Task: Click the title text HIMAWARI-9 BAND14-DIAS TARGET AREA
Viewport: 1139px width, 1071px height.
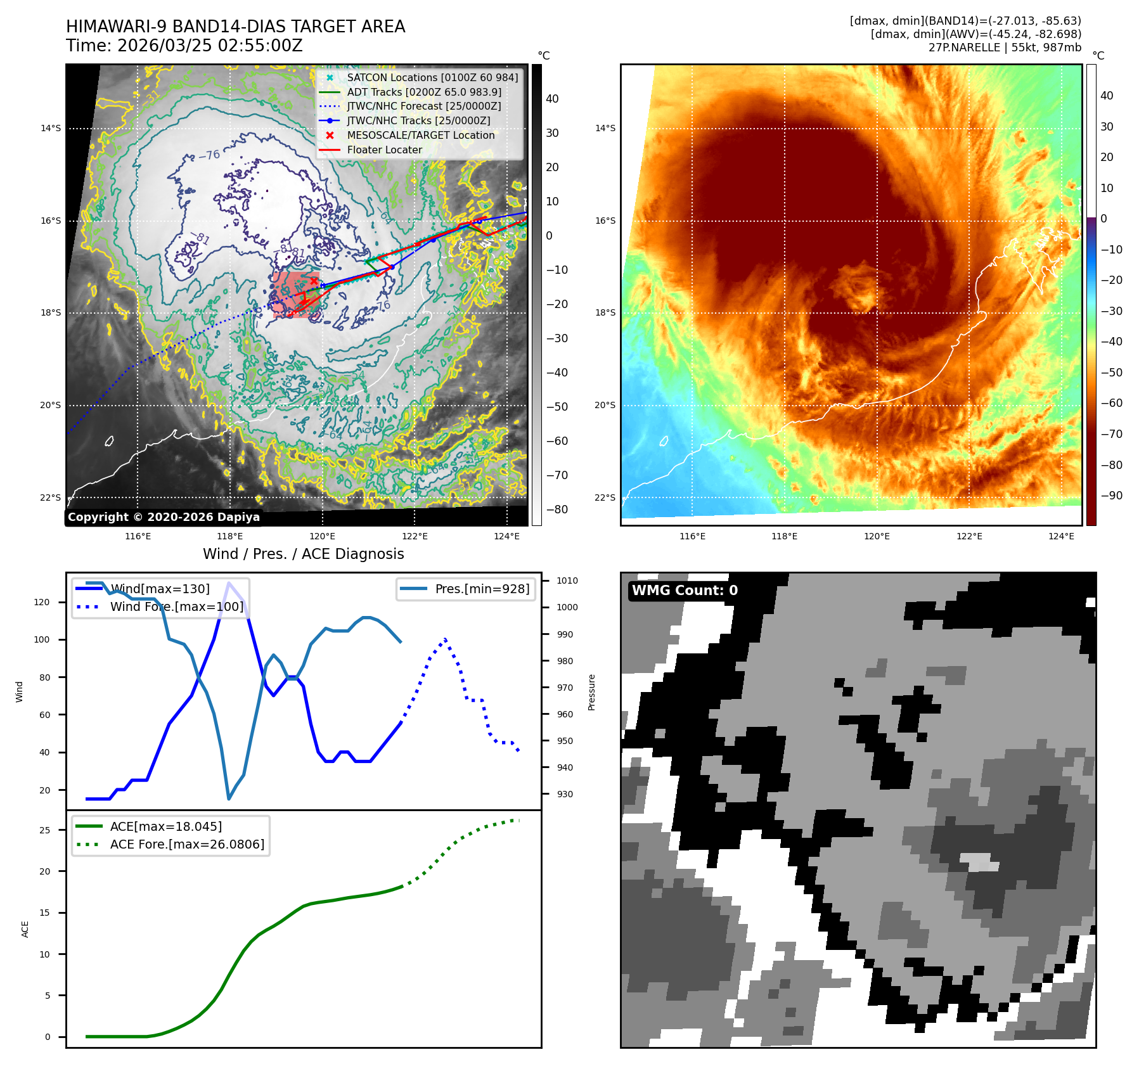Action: [x=235, y=27]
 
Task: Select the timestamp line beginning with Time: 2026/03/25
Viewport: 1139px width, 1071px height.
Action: [x=184, y=46]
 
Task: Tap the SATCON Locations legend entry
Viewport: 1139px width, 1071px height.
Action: [x=432, y=77]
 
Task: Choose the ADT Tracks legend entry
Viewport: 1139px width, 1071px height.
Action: [x=423, y=92]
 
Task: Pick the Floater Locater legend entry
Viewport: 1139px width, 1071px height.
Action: [x=384, y=150]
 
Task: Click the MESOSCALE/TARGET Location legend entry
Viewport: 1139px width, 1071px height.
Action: [x=420, y=135]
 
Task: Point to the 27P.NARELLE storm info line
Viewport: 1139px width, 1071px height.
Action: [x=1004, y=48]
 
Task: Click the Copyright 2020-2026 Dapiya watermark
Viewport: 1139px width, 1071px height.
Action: [x=164, y=517]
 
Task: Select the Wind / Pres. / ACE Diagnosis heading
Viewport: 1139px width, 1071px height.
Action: [x=303, y=554]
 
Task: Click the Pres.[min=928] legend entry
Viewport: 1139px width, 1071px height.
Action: [x=482, y=589]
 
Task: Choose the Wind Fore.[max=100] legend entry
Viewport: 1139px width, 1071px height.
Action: [x=176, y=606]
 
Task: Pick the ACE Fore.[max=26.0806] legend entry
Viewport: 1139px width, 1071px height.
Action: [x=187, y=844]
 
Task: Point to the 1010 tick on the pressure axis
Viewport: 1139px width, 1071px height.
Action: [x=567, y=580]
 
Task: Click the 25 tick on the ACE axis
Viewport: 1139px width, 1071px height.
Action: [x=44, y=830]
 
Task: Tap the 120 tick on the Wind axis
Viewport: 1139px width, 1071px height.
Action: [x=42, y=602]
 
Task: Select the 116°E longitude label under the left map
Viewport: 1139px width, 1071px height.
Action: [x=138, y=536]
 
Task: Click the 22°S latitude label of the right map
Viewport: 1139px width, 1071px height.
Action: [x=605, y=497]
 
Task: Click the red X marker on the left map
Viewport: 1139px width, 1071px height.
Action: [x=313, y=281]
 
